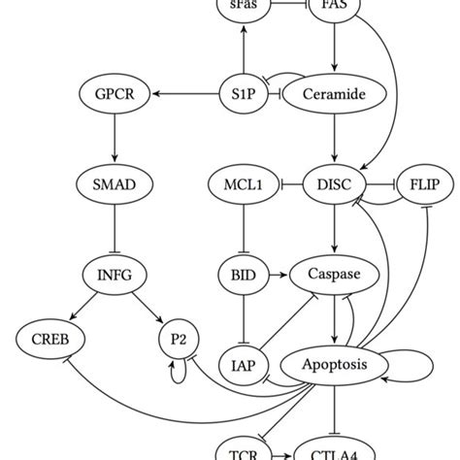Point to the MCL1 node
pyautogui.click(x=243, y=183)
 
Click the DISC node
pyautogui.click(x=334, y=183)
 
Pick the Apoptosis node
pyautogui.click(x=334, y=365)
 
